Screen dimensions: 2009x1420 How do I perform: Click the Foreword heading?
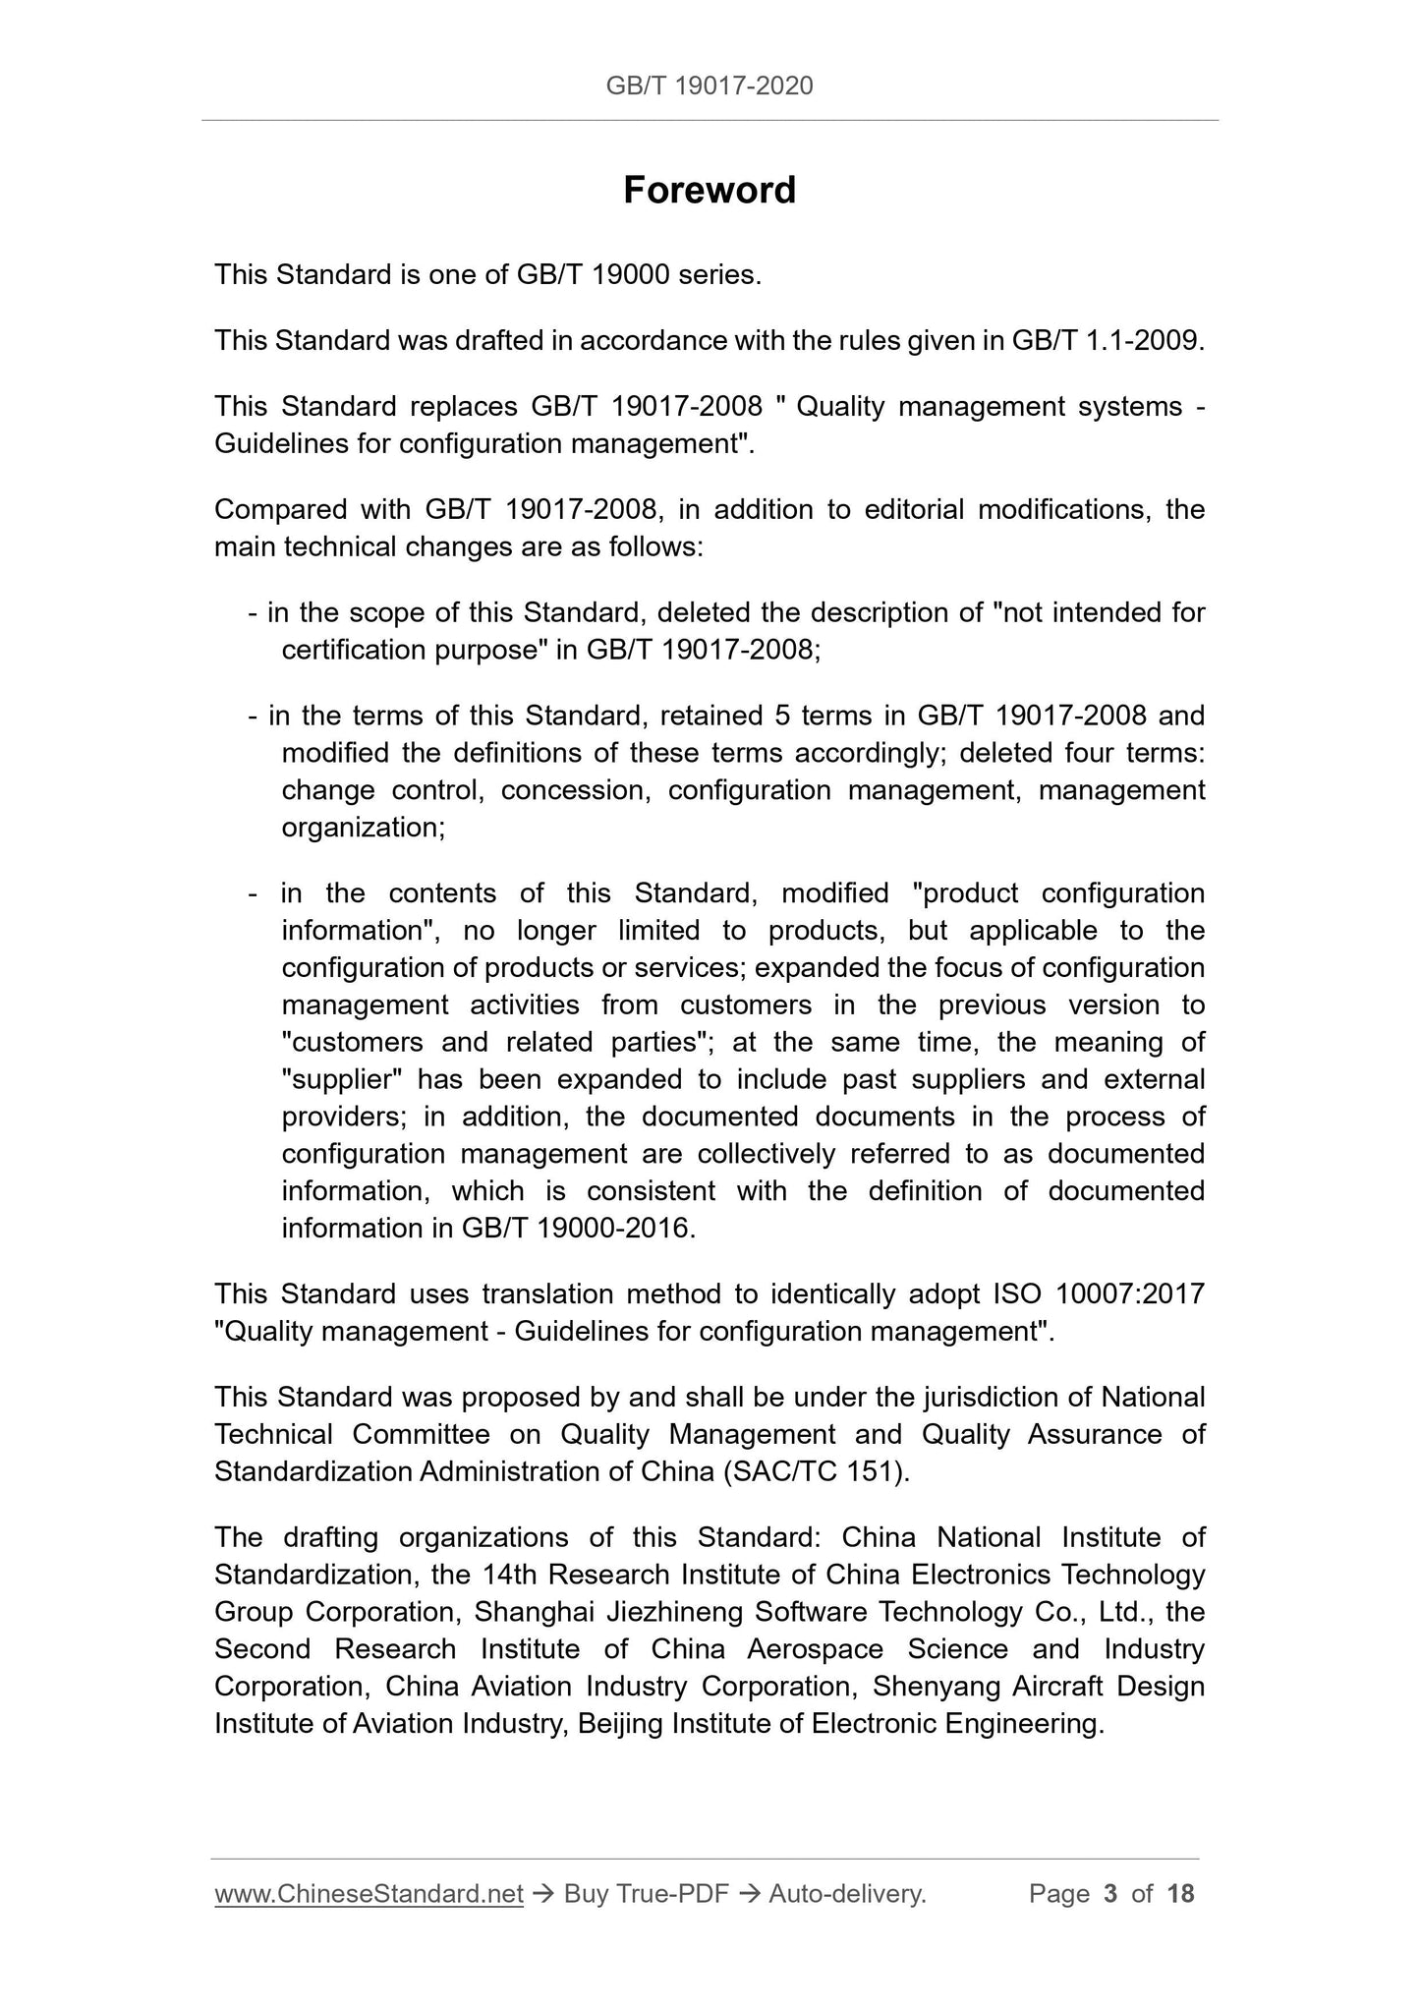pos(709,190)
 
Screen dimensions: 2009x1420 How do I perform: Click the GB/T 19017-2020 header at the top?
pos(709,86)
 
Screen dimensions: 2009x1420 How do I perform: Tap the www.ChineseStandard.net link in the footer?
pos(369,1894)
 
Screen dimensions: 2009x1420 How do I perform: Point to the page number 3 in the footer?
pos(1110,1894)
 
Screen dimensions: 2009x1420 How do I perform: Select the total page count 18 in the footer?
pos(1180,1894)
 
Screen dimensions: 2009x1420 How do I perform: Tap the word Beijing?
pos(620,1724)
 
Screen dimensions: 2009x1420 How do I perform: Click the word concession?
pos(576,790)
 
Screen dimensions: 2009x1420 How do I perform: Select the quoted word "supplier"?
pos(342,1079)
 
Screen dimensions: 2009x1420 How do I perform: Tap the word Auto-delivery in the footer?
pos(847,1894)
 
